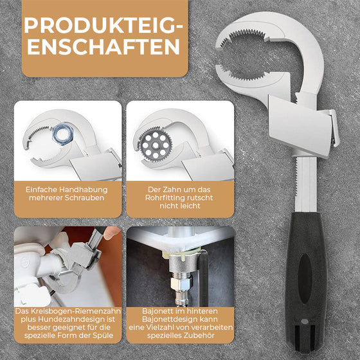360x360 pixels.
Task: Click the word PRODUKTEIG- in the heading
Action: (104, 25)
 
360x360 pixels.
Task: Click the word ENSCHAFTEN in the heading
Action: (104, 46)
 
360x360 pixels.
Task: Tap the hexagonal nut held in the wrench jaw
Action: (62, 134)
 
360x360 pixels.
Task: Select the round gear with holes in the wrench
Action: (156, 145)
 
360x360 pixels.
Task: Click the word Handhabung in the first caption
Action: (84, 190)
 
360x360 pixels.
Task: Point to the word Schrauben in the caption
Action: (84, 198)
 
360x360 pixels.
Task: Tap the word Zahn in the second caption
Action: (171, 190)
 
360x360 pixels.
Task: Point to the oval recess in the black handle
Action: (305, 278)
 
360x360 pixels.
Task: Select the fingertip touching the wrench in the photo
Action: (111, 233)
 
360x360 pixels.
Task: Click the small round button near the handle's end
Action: (305, 321)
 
